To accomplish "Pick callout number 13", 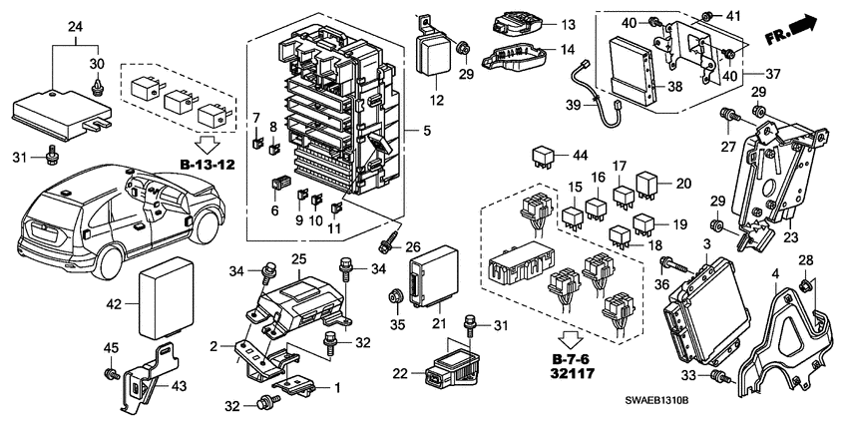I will [567, 24].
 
